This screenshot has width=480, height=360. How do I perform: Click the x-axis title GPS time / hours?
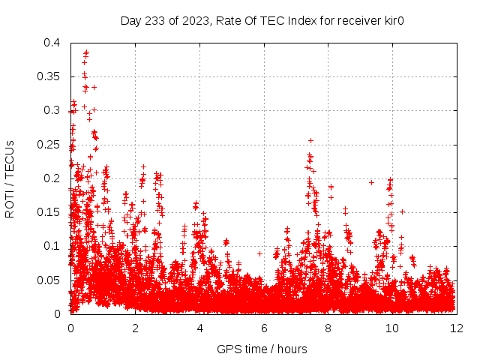coord(262,349)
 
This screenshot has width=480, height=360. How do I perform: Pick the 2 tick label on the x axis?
coord(135,328)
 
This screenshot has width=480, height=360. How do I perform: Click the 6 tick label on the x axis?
coord(263,328)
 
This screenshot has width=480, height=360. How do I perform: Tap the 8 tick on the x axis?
coord(328,328)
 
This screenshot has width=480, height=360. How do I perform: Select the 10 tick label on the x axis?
coord(392,328)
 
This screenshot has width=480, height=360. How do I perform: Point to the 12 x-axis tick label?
coord(456,328)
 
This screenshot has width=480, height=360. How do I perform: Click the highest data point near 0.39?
coord(86,52)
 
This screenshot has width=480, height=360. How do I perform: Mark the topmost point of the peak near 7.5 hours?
coord(310,140)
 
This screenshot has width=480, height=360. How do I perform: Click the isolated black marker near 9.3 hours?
coord(371,182)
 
